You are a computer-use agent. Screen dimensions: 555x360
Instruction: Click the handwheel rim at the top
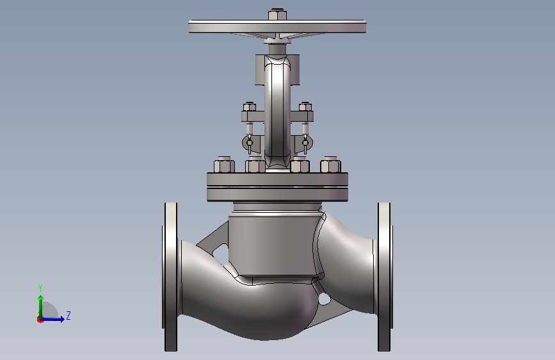(x=277, y=26)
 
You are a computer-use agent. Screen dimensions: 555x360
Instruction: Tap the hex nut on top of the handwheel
(x=277, y=15)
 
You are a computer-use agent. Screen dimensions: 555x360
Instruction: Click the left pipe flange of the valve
(x=171, y=277)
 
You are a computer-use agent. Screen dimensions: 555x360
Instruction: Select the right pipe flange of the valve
(x=384, y=277)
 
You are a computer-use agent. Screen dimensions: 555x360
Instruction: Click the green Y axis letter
(x=40, y=288)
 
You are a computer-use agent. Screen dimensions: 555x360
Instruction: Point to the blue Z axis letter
(x=68, y=315)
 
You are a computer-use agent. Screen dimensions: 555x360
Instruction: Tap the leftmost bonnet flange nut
(x=224, y=165)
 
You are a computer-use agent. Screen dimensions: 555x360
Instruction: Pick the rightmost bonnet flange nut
(x=330, y=165)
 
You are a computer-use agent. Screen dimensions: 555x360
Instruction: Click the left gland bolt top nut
(x=250, y=106)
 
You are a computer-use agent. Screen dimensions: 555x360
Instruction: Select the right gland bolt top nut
(x=305, y=106)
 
